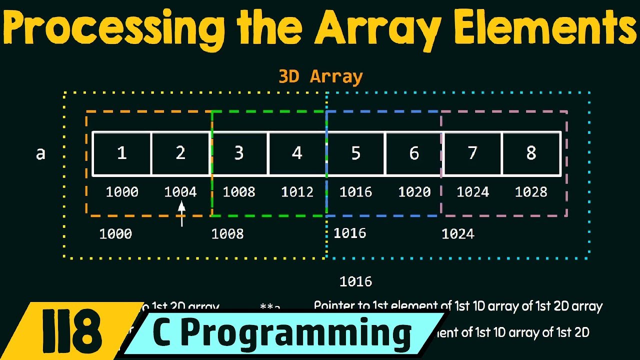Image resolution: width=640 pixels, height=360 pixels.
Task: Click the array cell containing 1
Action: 121,153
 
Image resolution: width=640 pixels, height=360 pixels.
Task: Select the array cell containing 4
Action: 297,153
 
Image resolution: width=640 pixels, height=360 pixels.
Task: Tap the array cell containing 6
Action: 414,153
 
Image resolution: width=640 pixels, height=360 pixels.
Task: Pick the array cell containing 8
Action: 531,153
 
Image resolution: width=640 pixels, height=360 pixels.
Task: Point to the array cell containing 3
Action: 238,153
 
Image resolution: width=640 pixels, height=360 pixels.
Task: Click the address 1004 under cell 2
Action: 180,192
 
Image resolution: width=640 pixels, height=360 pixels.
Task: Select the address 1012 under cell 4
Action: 297,192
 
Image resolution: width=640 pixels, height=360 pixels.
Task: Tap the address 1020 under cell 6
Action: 414,192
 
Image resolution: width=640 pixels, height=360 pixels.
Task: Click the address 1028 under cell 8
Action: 531,192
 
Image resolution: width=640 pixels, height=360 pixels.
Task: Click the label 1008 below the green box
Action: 227,234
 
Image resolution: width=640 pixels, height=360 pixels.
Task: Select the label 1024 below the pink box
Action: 457,234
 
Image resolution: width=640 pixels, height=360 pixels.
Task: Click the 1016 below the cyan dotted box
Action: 355,281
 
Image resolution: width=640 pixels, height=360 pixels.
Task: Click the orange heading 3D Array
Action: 320,76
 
